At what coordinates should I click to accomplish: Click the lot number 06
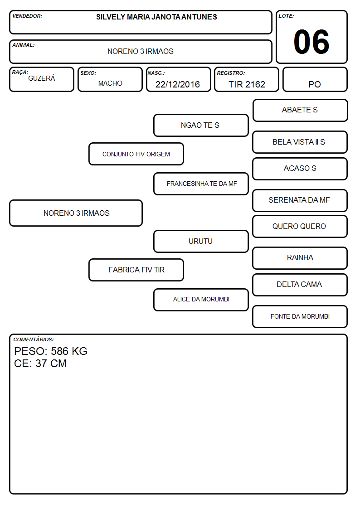click(x=311, y=42)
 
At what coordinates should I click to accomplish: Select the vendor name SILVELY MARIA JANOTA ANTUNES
click(x=156, y=17)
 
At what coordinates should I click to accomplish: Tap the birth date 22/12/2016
click(x=178, y=84)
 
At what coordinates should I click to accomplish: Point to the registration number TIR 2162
click(x=247, y=84)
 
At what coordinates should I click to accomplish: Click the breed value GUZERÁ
click(x=42, y=78)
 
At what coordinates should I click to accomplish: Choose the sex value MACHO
click(x=110, y=83)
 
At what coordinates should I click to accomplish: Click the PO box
click(x=315, y=79)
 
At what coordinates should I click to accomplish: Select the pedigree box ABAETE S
click(x=300, y=111)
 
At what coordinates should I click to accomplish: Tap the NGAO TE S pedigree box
click(x=201, y=125)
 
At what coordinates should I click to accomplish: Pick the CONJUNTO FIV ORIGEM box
click(x=136, y=154)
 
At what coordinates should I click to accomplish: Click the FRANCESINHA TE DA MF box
click(x=201, y=184)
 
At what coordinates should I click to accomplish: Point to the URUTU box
click(x=201, y=241)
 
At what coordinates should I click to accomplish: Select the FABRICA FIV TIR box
click(x=136, y=270)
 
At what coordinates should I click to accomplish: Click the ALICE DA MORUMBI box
click(x=201, y=300)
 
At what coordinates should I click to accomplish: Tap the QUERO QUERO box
click(x=300, y=227)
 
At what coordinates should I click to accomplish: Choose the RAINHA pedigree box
click(x=300, y=258)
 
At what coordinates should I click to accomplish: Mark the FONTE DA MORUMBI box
click(x=300, y=316)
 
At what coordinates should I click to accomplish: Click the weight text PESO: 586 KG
click(x=51, y=351)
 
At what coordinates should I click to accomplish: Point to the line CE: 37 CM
click(x=40, y=364)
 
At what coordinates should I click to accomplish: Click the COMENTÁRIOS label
click(x=34, y=339)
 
